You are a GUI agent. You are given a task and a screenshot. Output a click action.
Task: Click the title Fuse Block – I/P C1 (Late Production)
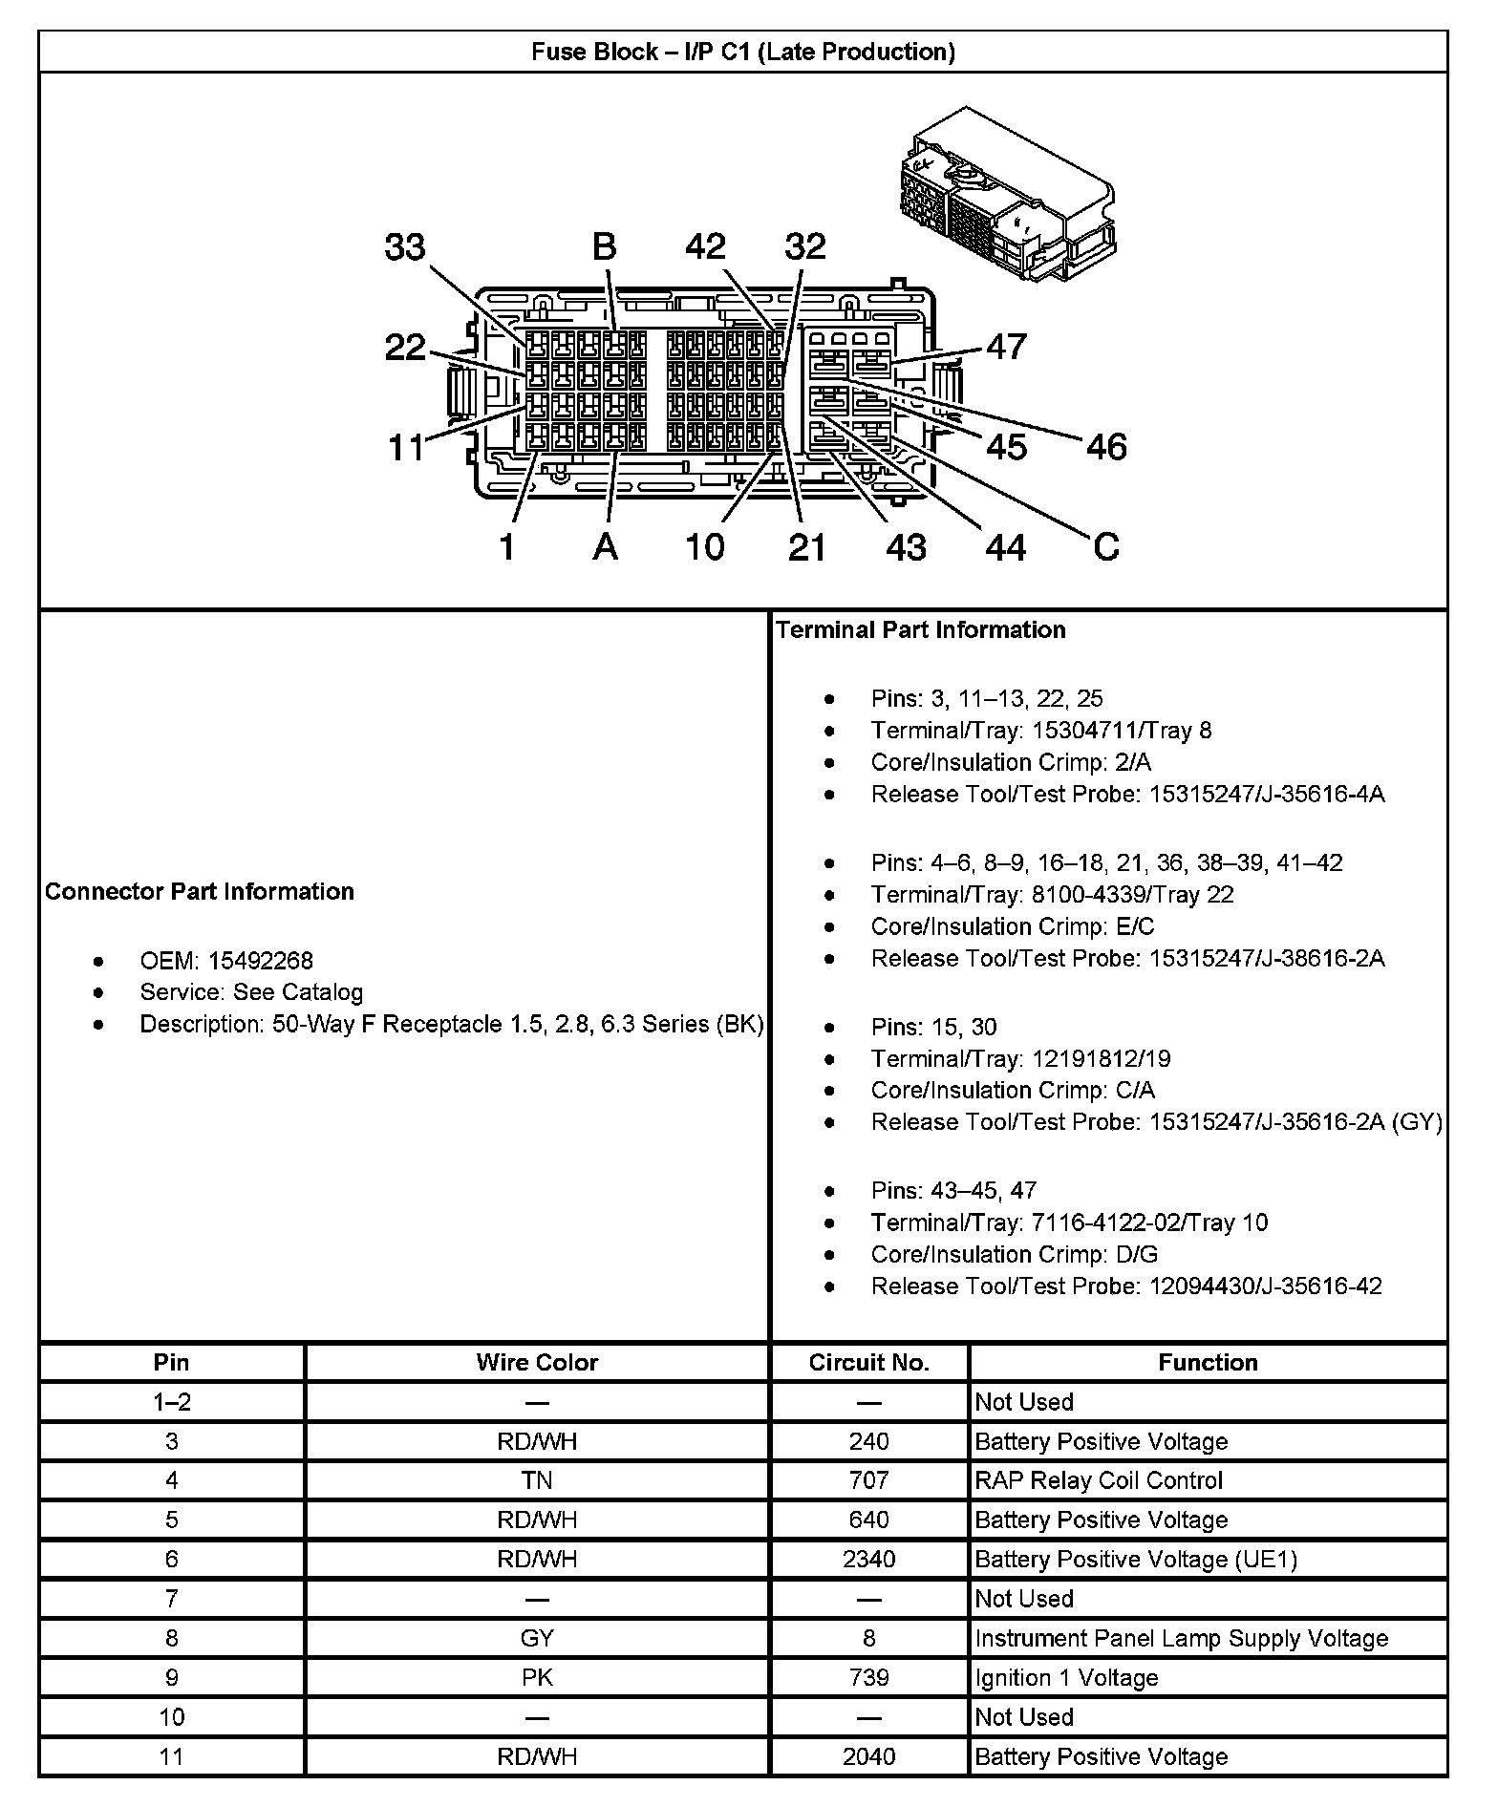[x=743, y=52]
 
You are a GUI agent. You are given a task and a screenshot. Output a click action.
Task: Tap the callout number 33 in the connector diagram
[x=405, y=247]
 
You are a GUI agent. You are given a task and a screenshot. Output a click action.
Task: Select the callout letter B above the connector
[x=604, y=246]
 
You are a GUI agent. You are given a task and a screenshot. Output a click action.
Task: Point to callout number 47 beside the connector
[x=1006, y=346]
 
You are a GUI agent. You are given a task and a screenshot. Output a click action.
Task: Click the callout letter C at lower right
[x=1105, y=547]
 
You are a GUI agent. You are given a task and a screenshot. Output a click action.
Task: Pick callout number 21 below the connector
[x=806, y=547]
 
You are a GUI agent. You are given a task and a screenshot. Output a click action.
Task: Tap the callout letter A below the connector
[x=605, y=547]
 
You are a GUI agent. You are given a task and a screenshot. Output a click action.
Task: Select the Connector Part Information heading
[x=200, y=891]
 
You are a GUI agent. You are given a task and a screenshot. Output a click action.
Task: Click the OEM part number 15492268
[x=261, y=960]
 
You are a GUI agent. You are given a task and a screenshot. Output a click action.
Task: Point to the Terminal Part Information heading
[x=921, y=629]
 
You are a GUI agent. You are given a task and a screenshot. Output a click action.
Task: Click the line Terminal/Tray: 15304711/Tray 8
[x=1040, y=731]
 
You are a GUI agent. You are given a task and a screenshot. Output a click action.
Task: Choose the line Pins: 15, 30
[x=933, y=1027]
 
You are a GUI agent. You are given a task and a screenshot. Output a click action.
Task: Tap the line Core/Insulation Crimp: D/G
[x=1014, y=1254]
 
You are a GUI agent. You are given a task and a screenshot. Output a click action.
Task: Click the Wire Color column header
[x=537, y=1362]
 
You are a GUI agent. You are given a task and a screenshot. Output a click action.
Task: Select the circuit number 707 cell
[x=868, y=1480]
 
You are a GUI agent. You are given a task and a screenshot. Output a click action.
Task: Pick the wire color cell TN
[x=537, y=1480]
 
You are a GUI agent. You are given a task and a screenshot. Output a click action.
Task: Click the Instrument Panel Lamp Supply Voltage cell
[x=1181, y=1638]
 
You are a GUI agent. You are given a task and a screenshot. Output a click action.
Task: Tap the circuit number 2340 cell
[x=868, y=1559]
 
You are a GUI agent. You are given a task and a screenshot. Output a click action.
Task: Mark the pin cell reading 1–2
[x=172, y=1402]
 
